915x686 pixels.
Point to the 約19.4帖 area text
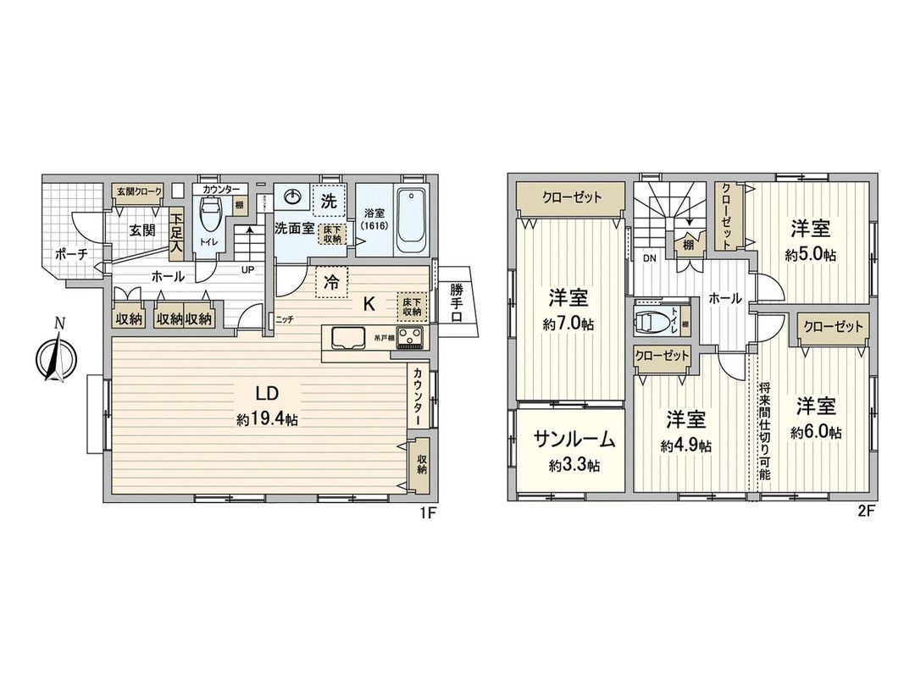tap(268, 418)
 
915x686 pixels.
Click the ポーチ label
tap(71, 254)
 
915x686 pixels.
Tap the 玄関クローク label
tap(139, 192)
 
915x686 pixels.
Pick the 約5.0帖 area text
tap(811, 255)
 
